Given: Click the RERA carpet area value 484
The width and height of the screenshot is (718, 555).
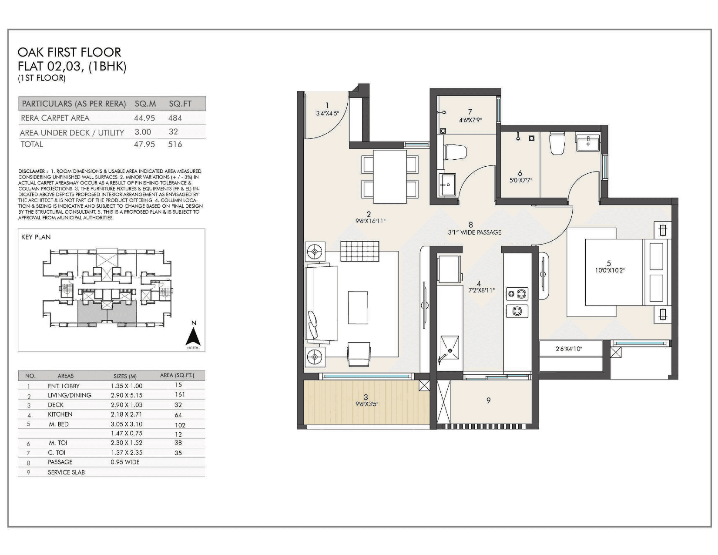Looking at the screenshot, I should (175, 118).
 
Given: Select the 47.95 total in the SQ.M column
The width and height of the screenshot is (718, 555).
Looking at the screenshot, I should (144, 144).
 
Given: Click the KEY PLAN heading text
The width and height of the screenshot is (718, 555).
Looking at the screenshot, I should (36, 237).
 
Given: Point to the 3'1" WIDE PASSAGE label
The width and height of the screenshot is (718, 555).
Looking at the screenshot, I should (474, 232).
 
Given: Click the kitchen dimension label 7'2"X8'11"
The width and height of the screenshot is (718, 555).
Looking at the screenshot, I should (481, 290).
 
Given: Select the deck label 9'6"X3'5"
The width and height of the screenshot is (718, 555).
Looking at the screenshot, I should (367, 404).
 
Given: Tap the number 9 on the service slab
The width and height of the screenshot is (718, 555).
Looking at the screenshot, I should (488, 400).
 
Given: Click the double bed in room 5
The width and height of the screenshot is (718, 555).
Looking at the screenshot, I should (614, 272).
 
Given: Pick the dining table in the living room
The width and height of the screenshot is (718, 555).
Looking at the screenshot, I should (390, 176).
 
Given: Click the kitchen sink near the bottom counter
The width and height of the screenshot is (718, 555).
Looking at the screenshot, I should (449, 348).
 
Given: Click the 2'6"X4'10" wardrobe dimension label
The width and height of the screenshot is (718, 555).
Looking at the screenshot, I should (568, 349).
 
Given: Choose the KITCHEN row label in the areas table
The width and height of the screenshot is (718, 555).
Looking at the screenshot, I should (60, 414).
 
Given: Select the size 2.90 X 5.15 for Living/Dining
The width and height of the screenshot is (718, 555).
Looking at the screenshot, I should (126, 395).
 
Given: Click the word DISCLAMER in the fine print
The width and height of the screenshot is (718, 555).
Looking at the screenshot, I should (32, 172).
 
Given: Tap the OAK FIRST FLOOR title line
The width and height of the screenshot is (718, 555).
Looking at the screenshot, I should (69, 52).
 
